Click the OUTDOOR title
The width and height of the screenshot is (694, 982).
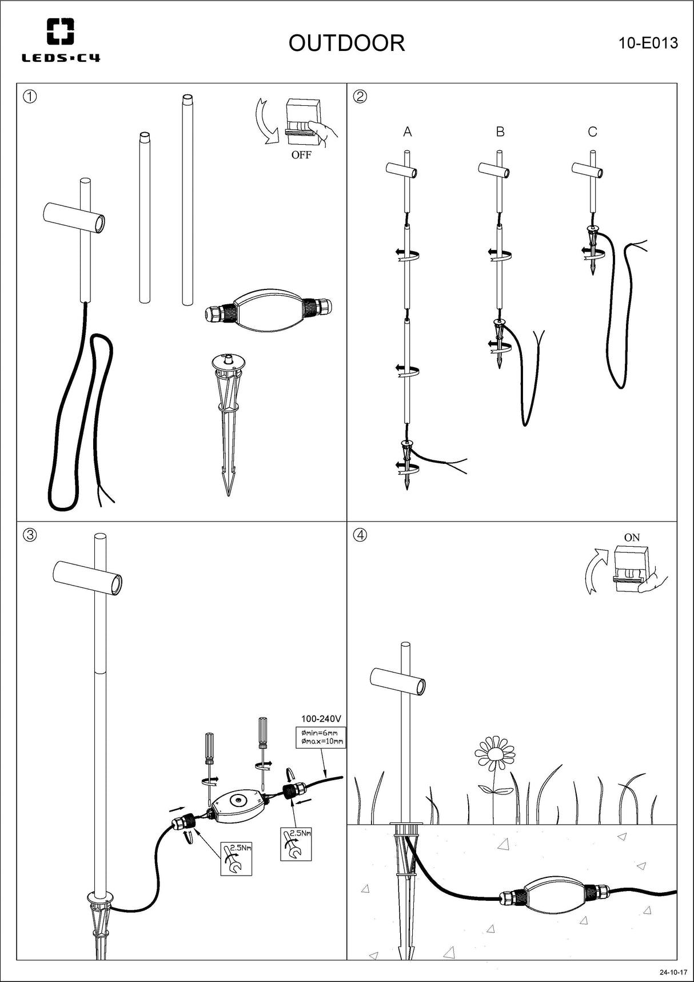(346, 43)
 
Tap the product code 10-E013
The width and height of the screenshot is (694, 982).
(648, 43)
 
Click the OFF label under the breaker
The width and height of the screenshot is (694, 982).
(301, 155)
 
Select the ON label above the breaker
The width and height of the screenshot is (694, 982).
(632, 538)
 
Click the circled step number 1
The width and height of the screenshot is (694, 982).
(30, 96)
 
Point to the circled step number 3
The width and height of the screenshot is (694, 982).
(30, 535)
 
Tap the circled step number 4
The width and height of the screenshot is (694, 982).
(360, 535)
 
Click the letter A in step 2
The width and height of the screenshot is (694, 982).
(408, 132)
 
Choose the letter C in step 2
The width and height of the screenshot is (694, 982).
(592, 132)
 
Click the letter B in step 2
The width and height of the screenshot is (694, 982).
(500, 132)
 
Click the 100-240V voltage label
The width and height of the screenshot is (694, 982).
(321, 719)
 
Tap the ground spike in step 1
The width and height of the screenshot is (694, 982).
(228, 418)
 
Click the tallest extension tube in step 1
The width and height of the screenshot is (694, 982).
(187, 200)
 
